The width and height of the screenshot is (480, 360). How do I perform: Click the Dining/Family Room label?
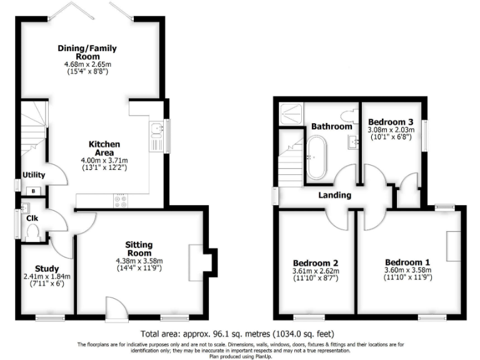(87, 52)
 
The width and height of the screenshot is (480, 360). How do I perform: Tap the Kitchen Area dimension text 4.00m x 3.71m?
(105, 160)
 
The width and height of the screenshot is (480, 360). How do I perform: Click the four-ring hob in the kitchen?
(119, 201)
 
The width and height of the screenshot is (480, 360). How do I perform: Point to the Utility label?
(33, 175)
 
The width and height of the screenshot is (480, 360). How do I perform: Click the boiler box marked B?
(32, 191)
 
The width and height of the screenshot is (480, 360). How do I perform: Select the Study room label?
(47, 269)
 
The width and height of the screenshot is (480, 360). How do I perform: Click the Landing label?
(334, 196)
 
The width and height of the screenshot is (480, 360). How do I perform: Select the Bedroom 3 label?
(390, 121)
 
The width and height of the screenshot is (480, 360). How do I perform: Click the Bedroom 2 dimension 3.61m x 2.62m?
(316, 271)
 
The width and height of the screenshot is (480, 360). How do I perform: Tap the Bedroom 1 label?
(407, 262)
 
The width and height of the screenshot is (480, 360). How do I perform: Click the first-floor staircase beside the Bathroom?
(291, 162)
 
